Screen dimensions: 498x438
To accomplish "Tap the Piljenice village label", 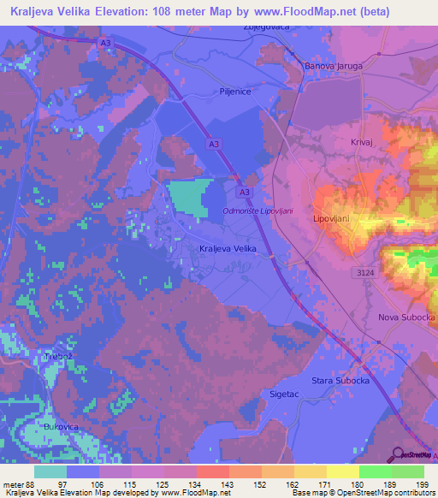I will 234,92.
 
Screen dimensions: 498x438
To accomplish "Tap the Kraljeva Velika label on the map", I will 228,248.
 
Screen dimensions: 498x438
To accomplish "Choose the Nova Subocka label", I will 406,317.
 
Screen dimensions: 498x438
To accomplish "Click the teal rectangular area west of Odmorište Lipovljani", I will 186,199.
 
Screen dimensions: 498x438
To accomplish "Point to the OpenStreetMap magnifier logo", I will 399,454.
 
